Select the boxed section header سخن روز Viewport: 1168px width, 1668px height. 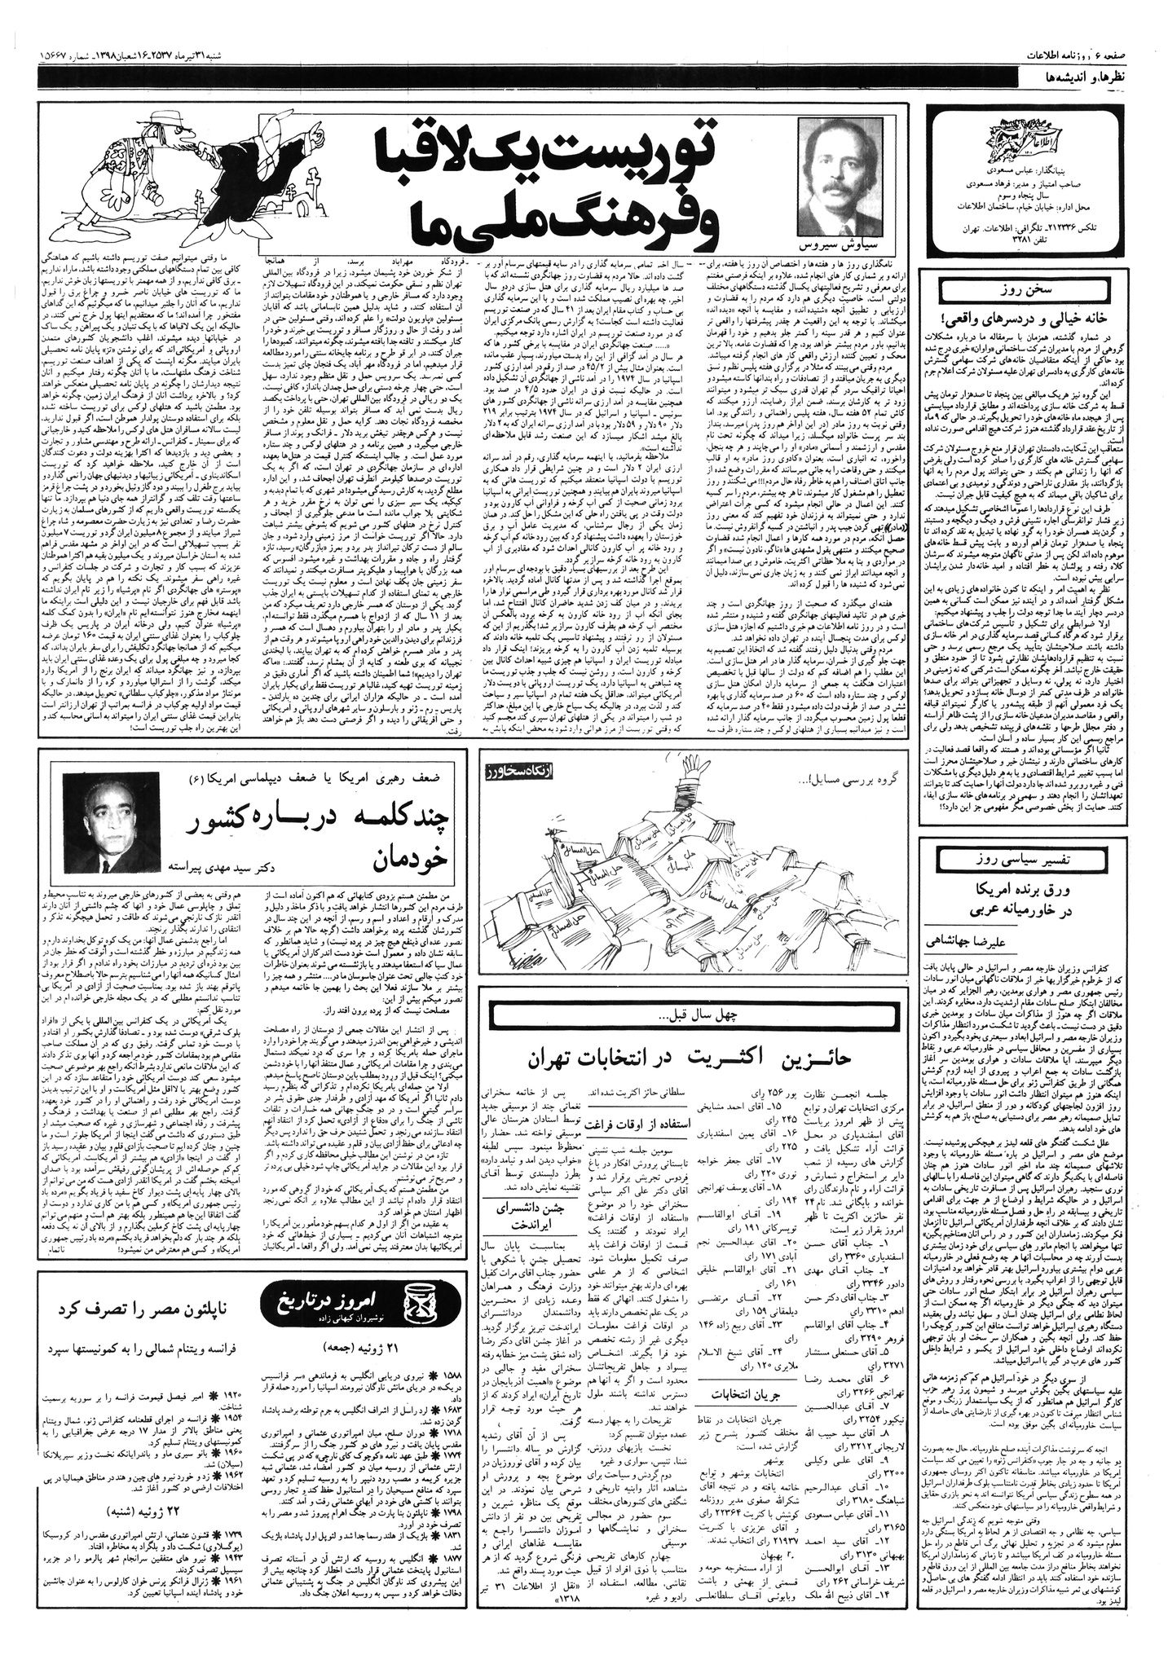[1044, 290]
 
